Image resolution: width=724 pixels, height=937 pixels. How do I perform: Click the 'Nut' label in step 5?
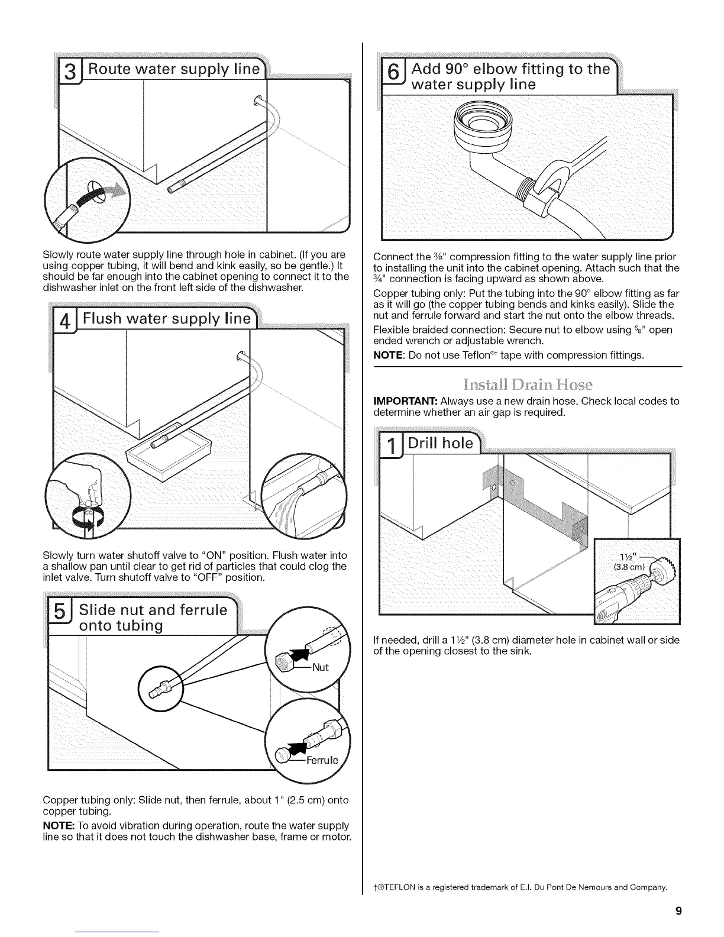pyautogui.click(x=320, y=668)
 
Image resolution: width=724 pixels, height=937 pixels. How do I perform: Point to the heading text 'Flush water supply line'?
pyautogui.click(x=167, y=320)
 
